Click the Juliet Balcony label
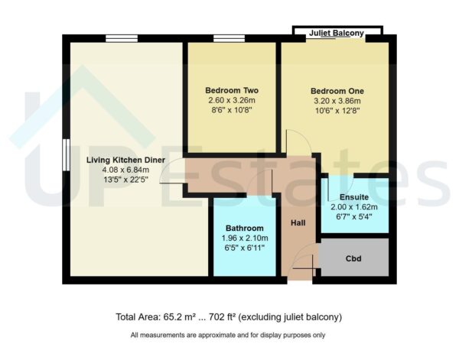(336, 34)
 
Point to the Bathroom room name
(244, 229)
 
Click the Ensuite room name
(354, 196)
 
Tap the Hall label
(298, 223)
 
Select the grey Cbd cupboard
(353, 258)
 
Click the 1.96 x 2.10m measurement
(244, 238)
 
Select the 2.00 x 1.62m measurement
(354, 206)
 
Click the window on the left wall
(65, 156)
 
